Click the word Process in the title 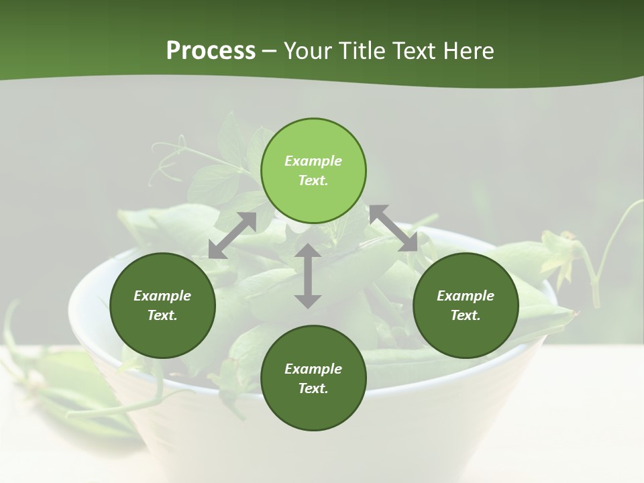click(x=211, y=51)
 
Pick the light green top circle click(x=313, y=171)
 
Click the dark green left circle click(x=162, y=305)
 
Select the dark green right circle click(x=466, y=305)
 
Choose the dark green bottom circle click(x=313, y=378)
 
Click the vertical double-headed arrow click(x=308, y=276)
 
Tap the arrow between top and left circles click(x=232, y=235)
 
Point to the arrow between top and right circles click(x=394, y=228)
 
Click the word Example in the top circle click(x=313, y=161)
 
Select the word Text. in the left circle click(x=162, y=315)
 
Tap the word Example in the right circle click(x=466, y=296)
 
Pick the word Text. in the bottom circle click(x=313, y=388)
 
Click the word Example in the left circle click(x=162, y=296)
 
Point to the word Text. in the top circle click(x=313, y=180)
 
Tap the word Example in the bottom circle click(x=313, y=369)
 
